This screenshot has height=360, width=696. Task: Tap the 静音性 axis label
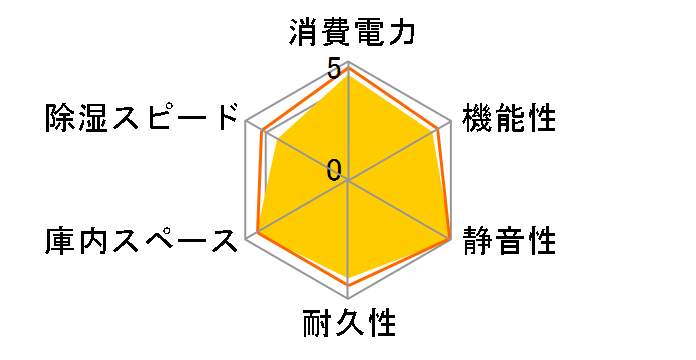509,241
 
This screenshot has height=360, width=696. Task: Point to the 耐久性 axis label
349,325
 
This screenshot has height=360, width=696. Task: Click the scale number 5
334,69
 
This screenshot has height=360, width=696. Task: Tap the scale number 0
334,169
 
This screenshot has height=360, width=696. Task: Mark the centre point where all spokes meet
348,181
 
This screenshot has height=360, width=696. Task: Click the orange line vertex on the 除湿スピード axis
261,131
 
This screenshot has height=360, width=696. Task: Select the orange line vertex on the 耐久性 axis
348,285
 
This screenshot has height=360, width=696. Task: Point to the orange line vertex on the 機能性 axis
437,130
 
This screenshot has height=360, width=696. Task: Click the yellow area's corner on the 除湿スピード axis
277,140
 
